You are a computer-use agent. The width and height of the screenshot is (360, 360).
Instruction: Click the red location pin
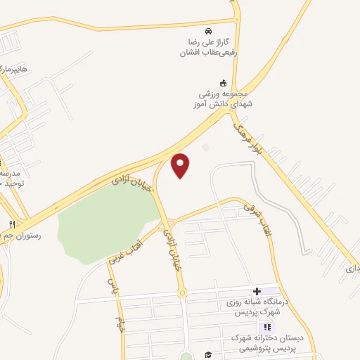click(x=181, y=165)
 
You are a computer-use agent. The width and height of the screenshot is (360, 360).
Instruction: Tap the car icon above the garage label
click(x=207, y=32)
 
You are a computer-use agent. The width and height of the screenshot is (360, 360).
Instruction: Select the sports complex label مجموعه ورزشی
click(x=224, y=99)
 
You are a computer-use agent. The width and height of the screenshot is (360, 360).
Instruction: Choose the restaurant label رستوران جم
click(x=21, y=236)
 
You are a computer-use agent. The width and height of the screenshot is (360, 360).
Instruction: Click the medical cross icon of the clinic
click(x=257, y=291)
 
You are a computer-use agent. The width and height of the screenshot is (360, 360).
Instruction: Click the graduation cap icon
click(x=208, y=354)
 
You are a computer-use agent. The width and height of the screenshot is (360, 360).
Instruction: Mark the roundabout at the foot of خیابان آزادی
click(x=182, y=293)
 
